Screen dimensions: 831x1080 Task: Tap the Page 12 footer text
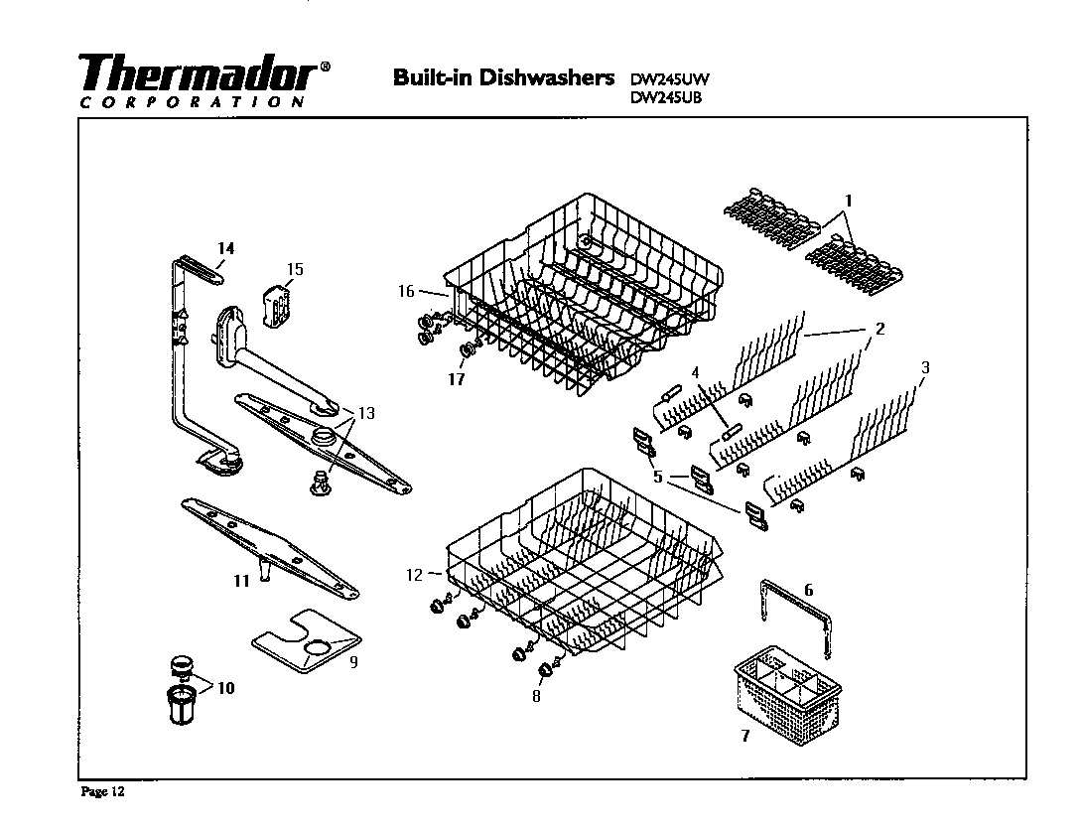pos(103,792)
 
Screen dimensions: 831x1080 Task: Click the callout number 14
pos(225,248)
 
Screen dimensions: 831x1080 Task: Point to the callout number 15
pos(295,269)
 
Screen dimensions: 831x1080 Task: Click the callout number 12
pos(415,574)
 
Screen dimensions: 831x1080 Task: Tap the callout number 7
pos(744,736)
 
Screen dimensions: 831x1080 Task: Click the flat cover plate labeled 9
pos(303,641)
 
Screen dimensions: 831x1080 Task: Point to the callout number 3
pos(925,367)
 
